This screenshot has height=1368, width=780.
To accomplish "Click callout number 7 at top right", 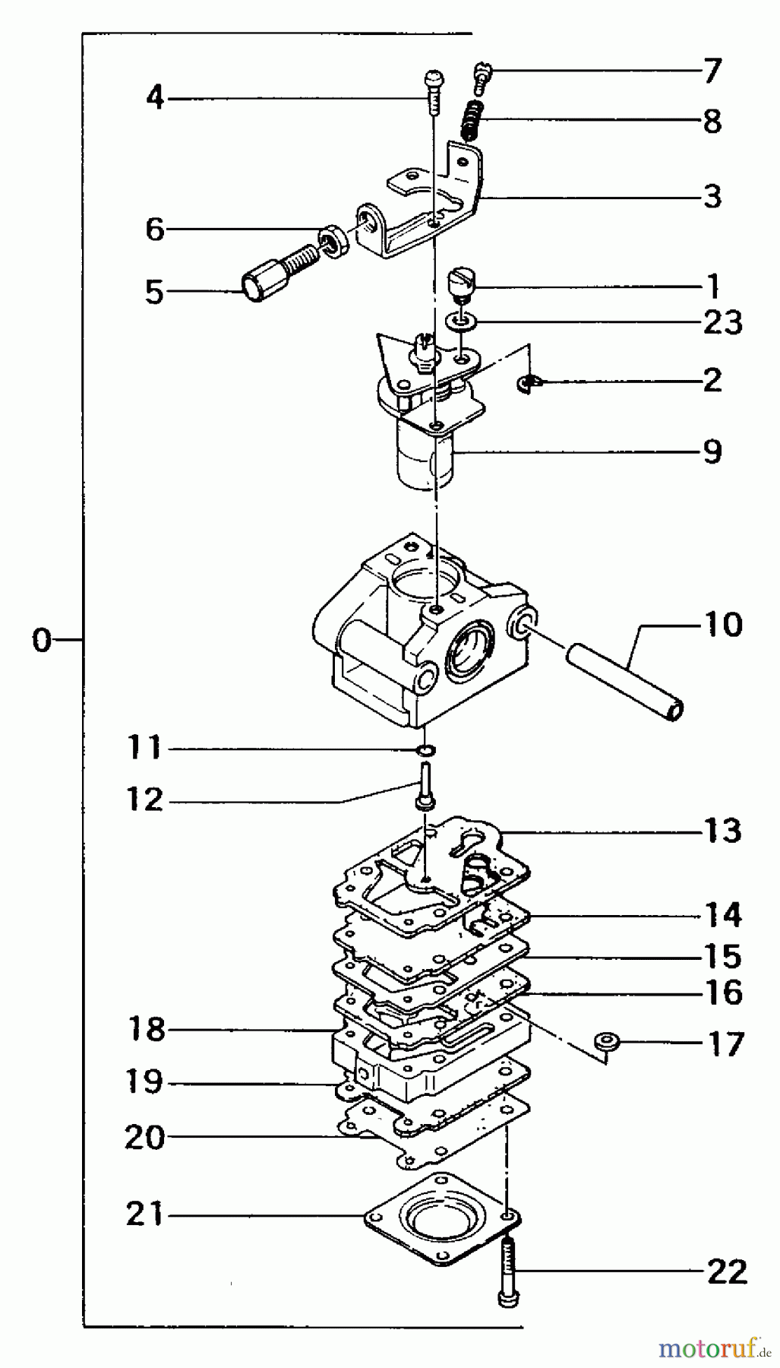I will click(x=711, y=71).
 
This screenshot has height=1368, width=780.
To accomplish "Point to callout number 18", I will click(x=147, y=1030).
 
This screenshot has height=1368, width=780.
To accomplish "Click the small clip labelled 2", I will click(x=524, y=385).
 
